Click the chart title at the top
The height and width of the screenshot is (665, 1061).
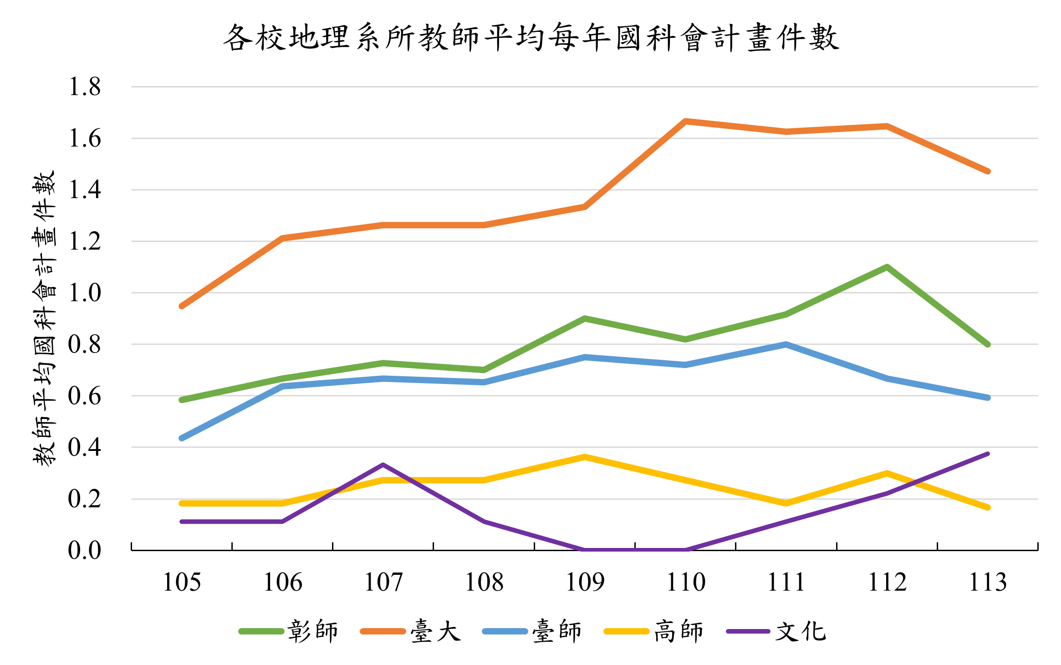coord(531,37)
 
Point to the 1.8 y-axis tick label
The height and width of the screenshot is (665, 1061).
coord(85,87)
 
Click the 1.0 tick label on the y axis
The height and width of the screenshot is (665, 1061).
coord(85,293)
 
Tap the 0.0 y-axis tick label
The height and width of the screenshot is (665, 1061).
coord(85,550)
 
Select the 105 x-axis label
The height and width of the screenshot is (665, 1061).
coord(182,582)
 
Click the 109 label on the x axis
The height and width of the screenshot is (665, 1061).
coord(585,582)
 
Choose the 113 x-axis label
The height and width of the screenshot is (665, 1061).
coord(988,582)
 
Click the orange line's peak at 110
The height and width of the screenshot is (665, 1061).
coord(685,121)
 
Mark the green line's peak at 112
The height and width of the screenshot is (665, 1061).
coord(887,267)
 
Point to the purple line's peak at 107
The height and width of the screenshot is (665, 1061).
coord(383,465)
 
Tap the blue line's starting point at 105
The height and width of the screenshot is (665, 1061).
coord(182,438)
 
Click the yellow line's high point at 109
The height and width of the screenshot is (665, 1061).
coord(585,457)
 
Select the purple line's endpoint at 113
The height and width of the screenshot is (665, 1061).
coord(988,454)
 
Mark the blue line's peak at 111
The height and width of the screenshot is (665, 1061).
coord(786,344)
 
